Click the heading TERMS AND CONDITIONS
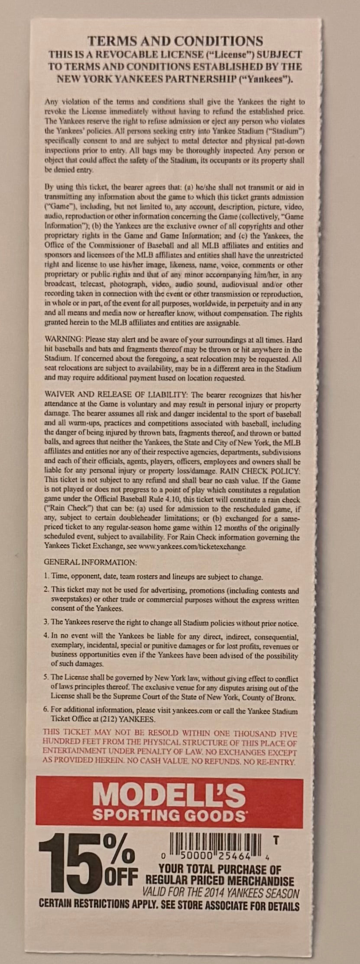175,41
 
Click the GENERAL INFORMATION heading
90,562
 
